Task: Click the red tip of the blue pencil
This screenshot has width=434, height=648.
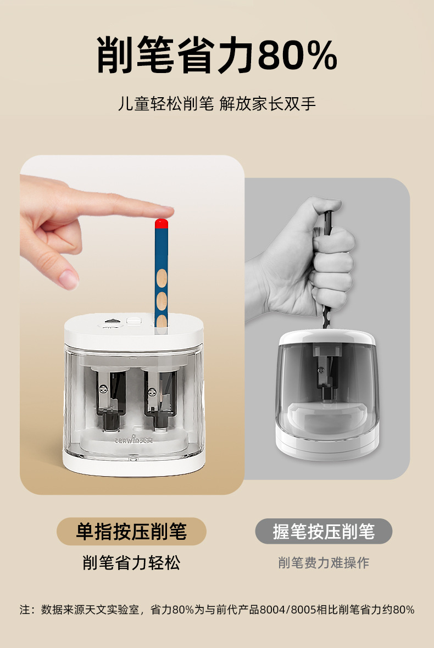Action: pyautogui.click(x=161, y=224)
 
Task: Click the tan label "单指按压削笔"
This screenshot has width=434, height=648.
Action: pyautogui.click(x=131, y=532)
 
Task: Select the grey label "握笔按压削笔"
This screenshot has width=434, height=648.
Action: pyautogui.click(x=324, y=532)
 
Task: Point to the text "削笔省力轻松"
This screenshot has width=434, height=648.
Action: pyautogui.click(x=131, y=562)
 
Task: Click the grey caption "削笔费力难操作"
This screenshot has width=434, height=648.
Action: pyautogui.click(x=324, y=562)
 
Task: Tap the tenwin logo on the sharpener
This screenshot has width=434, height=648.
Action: pyautogui.click(x=133, y=440)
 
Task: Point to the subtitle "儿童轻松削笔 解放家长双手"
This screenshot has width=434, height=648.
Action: pyautogui.click(x=217, y=103)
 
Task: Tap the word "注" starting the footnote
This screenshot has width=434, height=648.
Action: pyautogui.click(x=24, y=610)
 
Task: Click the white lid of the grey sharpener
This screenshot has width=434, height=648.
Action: pyautogui.click(x=327, y=337)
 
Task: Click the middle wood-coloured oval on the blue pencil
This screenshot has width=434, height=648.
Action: pyautogui.click(x=162, y=300)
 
